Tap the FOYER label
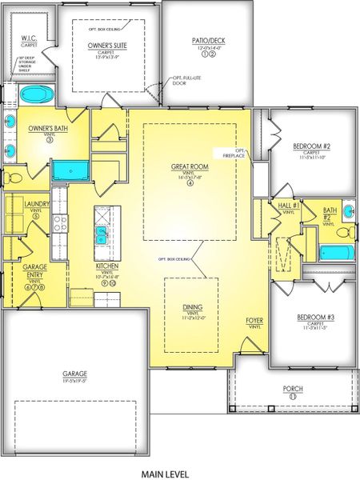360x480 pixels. pos(254,320)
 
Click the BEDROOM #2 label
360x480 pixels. pos(311,146)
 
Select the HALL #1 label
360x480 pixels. pos(290,206)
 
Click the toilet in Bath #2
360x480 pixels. pos(343,233)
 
